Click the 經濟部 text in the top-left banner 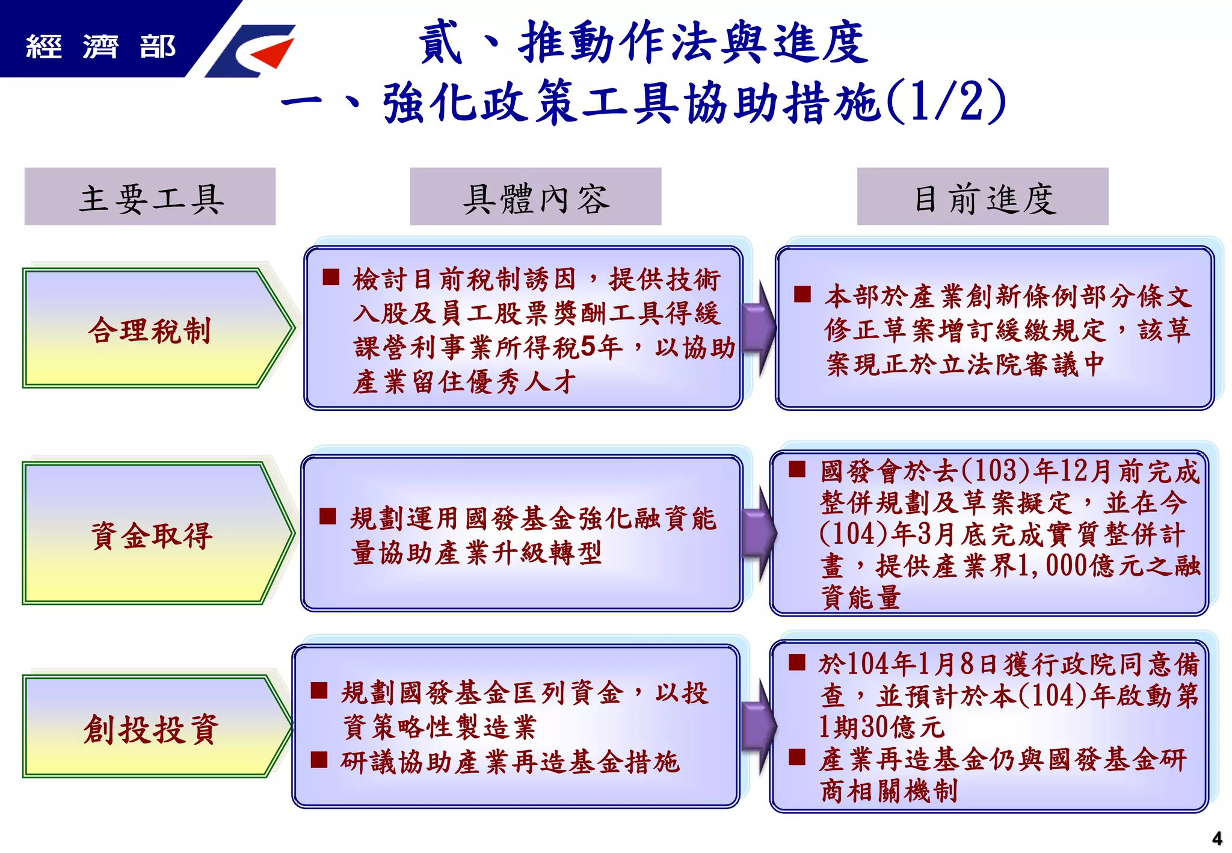click(x=100, y=46)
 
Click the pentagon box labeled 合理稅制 click(x=150, y=328)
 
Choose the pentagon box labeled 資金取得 click(x=150, y=533)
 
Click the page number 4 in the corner click(x=1216, y=838)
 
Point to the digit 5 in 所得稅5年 click(x=588, y=347)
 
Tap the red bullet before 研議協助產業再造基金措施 click(x=319, y=760)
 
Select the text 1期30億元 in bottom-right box click(x=881, y=727)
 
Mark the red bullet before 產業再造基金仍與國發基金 click(x=797, y=757)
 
